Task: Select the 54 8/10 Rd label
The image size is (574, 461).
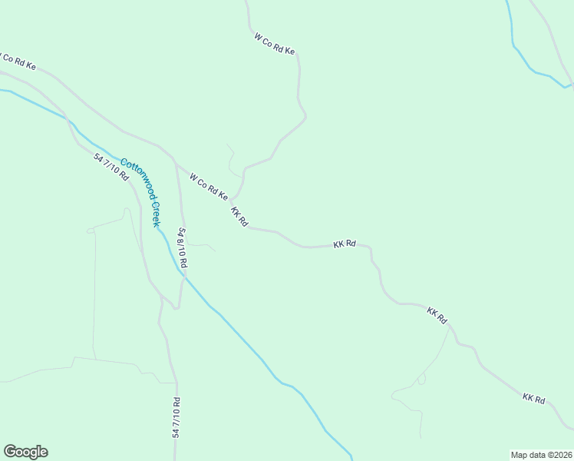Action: [183, 247]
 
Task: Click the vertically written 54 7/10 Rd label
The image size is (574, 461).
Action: [176, 418]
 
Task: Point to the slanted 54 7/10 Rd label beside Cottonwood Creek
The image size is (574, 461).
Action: [111, 166]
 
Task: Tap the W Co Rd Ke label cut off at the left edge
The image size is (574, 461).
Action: [17, 61]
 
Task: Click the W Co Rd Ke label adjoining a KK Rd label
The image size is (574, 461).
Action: [208, 186]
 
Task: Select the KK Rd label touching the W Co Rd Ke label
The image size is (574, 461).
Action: [239, 217]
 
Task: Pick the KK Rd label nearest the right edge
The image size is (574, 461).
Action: [533, 399]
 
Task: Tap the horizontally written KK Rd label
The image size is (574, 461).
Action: [345, 244]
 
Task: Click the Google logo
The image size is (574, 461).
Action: [25, 452]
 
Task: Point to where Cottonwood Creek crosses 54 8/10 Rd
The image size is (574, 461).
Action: [183, 275]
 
